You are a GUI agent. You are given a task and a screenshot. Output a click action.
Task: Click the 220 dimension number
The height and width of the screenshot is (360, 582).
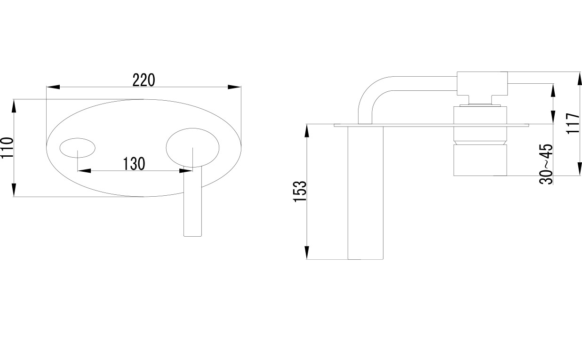coord(144,80)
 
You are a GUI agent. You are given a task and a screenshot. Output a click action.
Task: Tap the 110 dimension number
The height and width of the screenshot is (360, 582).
coord(7,148)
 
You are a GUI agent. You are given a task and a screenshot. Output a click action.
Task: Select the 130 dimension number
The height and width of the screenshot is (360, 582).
coord(134,164)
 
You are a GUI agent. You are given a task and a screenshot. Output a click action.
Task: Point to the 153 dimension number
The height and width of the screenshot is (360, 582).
coord(300,192)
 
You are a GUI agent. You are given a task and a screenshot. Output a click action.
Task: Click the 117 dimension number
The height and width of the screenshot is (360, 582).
coord(573,123)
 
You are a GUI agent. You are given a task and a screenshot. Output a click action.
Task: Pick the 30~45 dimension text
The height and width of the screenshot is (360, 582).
coord(546,164)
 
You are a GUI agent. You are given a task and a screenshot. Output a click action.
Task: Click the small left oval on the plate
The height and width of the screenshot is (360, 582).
coord(78,148)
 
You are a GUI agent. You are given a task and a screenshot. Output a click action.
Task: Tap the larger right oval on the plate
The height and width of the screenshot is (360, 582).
coord(192,148)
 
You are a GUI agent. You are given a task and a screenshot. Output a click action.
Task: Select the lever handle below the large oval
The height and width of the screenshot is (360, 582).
coord(192,201)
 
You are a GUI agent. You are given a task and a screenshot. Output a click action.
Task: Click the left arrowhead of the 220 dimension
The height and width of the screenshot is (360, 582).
coord(53,87)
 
